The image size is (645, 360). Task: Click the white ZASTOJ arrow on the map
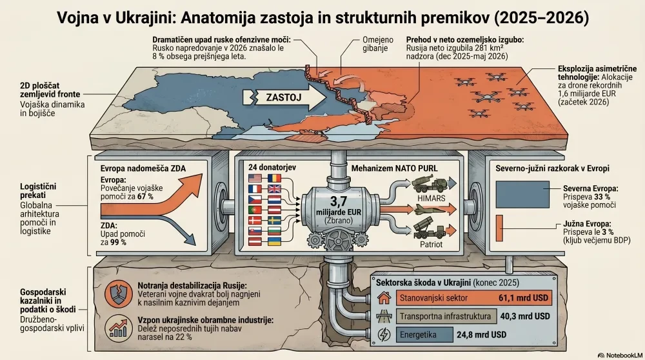click(284, 97)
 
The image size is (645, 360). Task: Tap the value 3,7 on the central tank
click(339, 201)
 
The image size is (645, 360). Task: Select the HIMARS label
click(431, 198)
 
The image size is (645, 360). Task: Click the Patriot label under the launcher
click(431, 245)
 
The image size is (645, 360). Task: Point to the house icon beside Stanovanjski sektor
click(384, 297)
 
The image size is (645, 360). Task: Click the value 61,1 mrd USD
click(523, 298)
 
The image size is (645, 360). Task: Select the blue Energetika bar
click(424, 334)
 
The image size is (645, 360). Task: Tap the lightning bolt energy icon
click(384, 334)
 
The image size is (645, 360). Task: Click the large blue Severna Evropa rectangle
click(522, 195)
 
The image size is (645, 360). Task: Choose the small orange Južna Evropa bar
click(499, 228)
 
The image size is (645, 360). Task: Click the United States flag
click(255, 179)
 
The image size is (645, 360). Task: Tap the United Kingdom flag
click(274, 189)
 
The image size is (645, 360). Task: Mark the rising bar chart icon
click(118, 328)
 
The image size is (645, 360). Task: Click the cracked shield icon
click(118, 294)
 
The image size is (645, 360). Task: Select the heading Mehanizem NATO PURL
click(395, 168)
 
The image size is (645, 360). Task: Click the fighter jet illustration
click(430, 210)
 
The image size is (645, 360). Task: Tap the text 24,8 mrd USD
click(481, 335)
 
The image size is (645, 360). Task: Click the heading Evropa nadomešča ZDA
click(143, 168)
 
